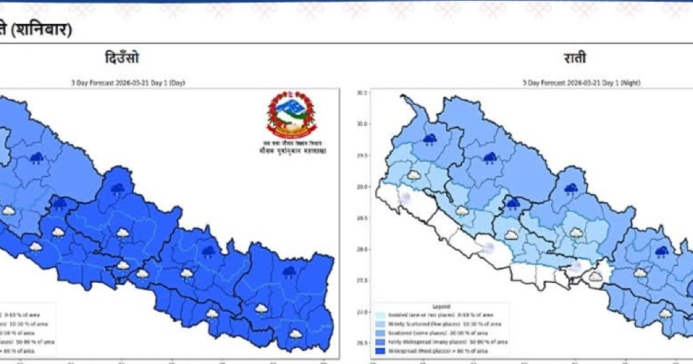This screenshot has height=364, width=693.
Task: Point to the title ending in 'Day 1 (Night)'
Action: click(x=582, y=83)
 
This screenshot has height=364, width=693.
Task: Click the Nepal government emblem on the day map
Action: click(x=292, y=113)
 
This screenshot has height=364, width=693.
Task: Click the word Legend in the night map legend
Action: click(x=441, y=306)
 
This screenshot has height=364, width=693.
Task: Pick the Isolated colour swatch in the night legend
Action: click(x=381, y=315)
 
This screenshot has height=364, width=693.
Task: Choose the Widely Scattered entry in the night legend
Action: click(x=427, y=324)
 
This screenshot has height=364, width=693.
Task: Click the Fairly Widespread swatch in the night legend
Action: click(x=381, y=342)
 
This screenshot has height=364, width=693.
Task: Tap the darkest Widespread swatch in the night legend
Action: click(x=381, y=351)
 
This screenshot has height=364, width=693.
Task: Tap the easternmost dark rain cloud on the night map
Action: click(x=661, y=251)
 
